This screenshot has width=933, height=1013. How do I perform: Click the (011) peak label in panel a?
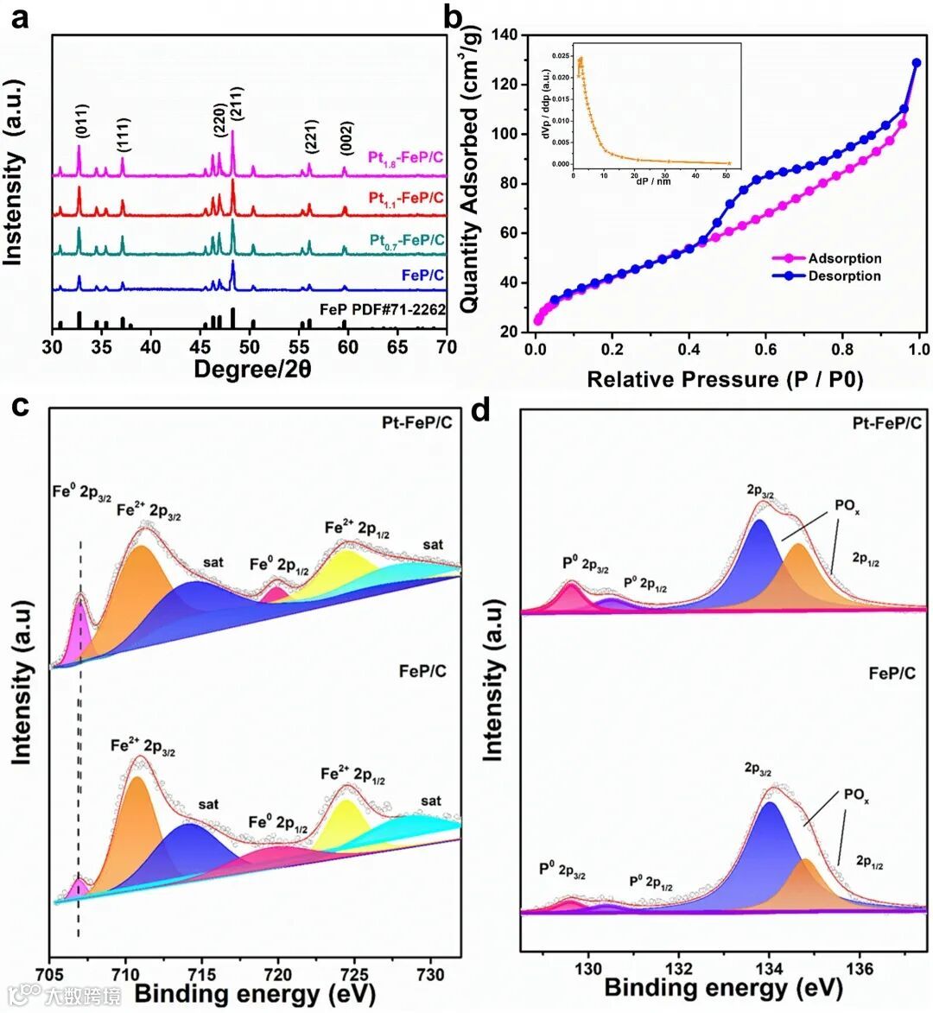79,123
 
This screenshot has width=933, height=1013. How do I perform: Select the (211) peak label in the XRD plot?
236,107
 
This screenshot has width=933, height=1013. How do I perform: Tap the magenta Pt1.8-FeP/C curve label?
405,157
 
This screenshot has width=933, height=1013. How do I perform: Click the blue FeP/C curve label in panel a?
422,275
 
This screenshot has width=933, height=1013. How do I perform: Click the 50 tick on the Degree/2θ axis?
250,348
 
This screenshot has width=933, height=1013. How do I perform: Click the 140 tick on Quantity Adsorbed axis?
504,35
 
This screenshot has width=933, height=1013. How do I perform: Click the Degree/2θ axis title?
251,369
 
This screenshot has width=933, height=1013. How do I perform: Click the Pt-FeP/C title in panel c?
416,422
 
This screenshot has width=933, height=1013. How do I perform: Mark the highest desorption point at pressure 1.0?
917,63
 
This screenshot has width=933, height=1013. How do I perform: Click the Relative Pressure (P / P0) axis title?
725,379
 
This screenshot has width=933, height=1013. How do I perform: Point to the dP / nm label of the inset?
653,181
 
